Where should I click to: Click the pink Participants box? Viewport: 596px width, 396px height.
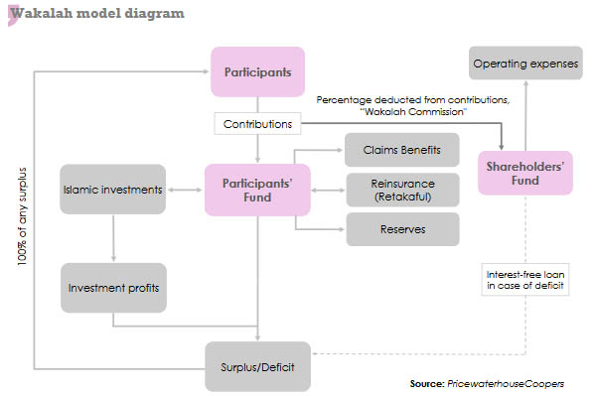(257, 72)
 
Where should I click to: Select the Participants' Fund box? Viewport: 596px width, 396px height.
(257, 190)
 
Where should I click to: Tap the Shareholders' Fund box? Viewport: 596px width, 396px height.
(525, 173)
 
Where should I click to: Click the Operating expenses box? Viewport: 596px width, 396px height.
(525, 64)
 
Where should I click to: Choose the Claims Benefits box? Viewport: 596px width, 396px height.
(402, 151)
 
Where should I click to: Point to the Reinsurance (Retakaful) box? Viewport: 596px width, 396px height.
(402, 190)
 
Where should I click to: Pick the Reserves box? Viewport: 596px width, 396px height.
(402, 228)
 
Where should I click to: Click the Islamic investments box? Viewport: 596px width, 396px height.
(112, 190)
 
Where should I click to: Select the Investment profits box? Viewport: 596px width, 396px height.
(112, 288)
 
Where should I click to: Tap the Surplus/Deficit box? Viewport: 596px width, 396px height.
(257, 366)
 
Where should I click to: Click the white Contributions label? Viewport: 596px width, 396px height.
(257, 125)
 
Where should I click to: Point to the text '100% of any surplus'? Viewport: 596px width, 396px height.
(21, 213)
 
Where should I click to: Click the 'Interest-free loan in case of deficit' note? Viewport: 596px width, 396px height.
(524, 280)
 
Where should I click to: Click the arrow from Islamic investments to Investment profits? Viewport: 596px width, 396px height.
(112, 238)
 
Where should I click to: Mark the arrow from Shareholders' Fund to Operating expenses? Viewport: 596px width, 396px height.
(525, 114)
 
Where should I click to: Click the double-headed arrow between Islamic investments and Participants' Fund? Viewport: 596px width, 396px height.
(184, 190)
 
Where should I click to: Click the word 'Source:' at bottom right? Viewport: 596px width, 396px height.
(429, 383)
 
